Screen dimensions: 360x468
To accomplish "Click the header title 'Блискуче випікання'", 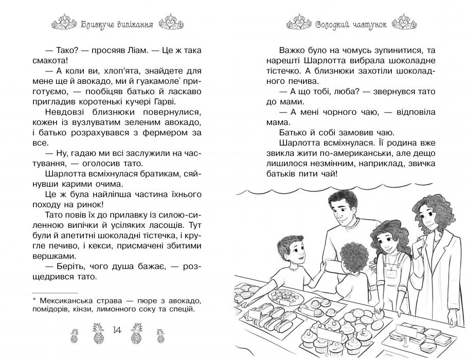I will click(x=114, y=23).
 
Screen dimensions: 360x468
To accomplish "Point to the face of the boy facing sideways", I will click(x=296, y=250).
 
